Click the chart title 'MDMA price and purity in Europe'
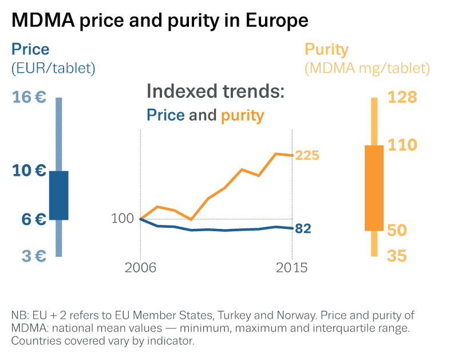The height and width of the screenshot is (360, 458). pyautogui.click(x=160, y=21)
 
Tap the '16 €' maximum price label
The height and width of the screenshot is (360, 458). pyautogui.click(x=29, y=97)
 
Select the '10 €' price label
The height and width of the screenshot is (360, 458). pyautogui.click(x=29, y=171)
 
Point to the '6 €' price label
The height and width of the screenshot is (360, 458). pyautogui.click(x=29, y=219)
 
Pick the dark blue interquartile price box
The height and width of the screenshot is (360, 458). pyautogui.click(x=58, y=195)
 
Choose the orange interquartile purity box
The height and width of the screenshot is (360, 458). pyautogui.click(x=374, y=188)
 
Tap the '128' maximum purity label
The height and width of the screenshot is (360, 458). pyautogui.click(x=402, y=97)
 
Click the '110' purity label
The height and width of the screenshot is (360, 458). pyautogui.click(x=402, y=145)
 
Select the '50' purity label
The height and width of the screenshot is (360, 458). pyautogui.click(x=398, y=230)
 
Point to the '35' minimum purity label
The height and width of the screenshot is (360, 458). pyautogui.click(x=398, y=256)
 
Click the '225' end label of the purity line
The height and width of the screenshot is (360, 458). pyautogui.click(x=307, y=156)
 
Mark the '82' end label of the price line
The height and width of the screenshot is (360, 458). pyautogui.click(x=303, y=229)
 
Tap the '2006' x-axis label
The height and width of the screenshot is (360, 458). pyautogui.click(x=141, y=268)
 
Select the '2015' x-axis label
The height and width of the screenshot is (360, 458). pyautogui.click(x=292, y=268)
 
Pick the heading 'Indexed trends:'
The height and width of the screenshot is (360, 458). pyautogui.click(x=215, y=92)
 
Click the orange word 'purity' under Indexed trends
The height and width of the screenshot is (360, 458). pyautogui.click(x=242, y=116)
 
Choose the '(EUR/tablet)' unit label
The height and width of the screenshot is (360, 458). pyautogui.click(x=53, y=69)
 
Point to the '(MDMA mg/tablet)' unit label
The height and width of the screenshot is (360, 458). pyautogui.click(x=367, y=69)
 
